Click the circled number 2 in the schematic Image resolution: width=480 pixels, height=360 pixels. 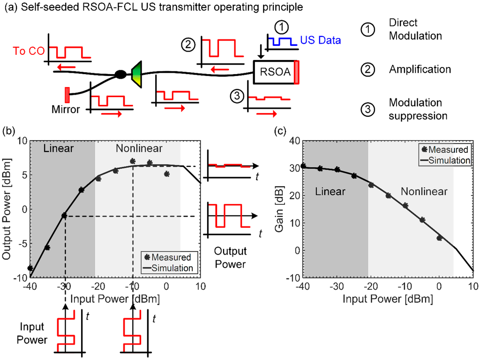(x=188, y=45)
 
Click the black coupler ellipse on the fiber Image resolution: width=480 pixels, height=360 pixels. (x=121, y=74)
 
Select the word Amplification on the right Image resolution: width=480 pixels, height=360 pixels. (x=420, y=69)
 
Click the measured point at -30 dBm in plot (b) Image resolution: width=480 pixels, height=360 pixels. (x=64, y=216)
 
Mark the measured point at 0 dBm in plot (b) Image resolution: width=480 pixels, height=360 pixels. (x=166, y=174)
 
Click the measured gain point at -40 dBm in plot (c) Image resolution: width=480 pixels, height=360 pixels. (x=303, y=166)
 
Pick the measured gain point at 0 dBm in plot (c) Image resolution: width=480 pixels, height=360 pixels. (x=439, y=238)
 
